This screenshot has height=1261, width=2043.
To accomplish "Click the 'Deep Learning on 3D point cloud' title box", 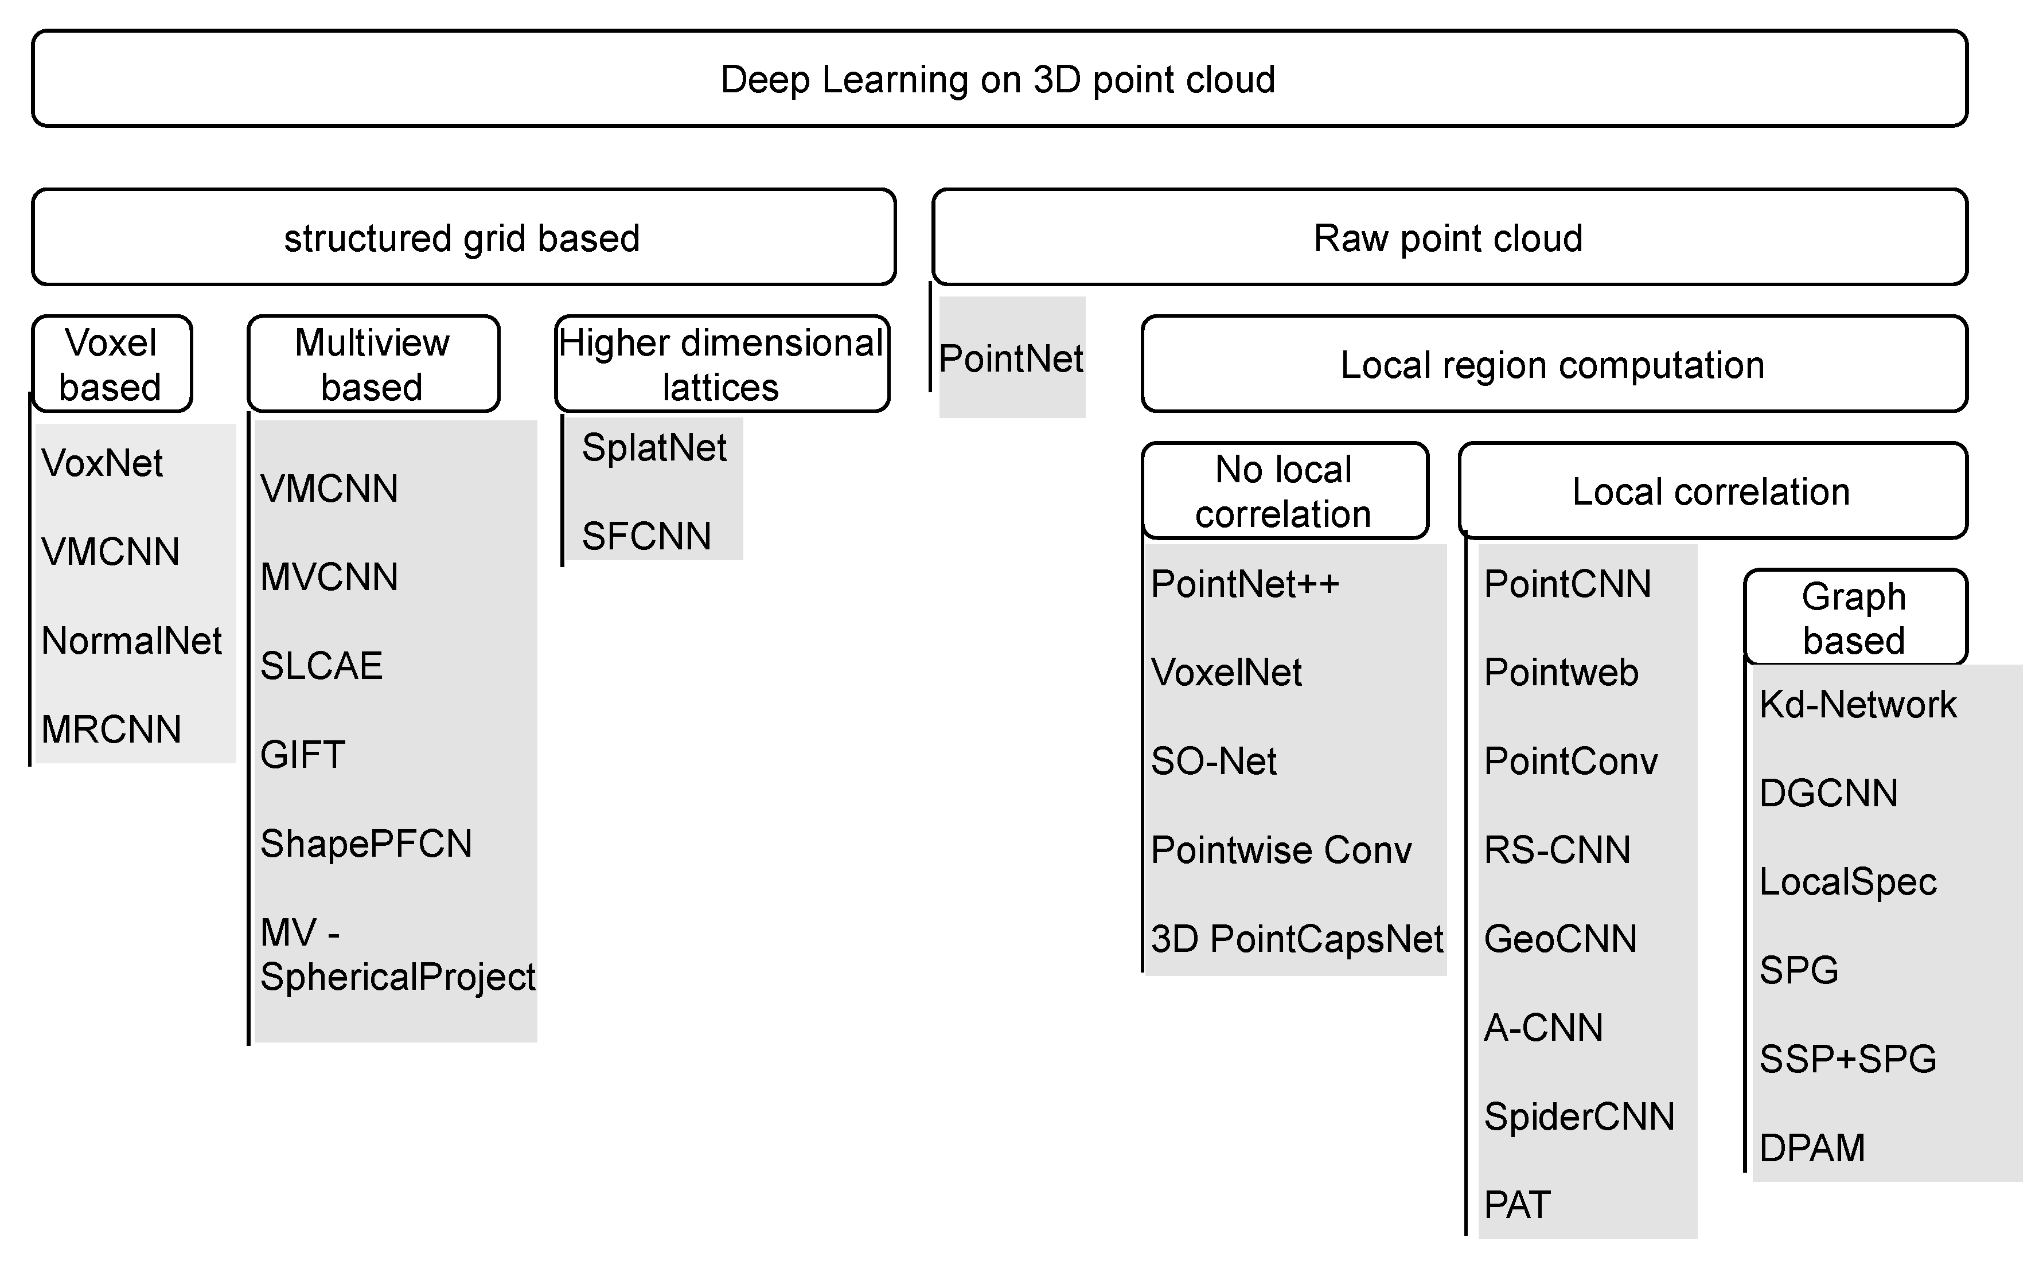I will pos(999,79).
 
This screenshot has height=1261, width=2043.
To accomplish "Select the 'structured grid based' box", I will pos(463,237).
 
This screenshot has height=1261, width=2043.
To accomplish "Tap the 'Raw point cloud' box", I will pos(1449,237).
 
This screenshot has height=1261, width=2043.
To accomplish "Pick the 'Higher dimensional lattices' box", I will pos(722,365).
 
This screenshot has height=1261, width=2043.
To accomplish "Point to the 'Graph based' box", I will pos(1854,618).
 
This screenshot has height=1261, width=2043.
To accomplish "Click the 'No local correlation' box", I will pos(1284,491).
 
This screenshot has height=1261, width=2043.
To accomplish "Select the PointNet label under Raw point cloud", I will pos(1011,358).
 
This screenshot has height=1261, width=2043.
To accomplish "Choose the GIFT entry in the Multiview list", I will pos(303,755).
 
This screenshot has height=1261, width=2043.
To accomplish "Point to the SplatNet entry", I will pos(654,448).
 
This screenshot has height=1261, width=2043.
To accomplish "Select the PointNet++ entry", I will pos(1245,584).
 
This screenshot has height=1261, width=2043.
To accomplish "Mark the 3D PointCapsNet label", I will pos(1296,939).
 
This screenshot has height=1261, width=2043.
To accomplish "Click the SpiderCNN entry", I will pos(1579,1116).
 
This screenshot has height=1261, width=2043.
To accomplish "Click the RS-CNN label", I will pos(1557,850).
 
